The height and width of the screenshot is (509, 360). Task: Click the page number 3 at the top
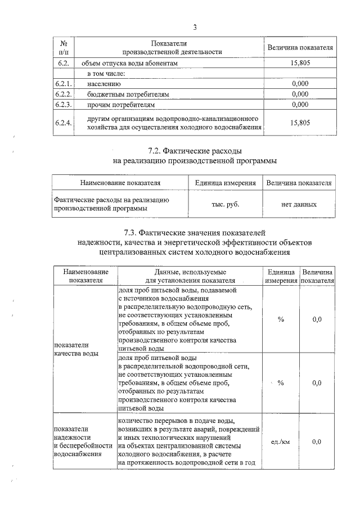[x=195, y=26]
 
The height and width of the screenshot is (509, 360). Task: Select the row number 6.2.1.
[x=64, y=84]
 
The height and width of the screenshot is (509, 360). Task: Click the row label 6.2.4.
[x=64, y=124]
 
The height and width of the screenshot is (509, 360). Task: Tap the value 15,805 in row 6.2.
[x=300, y=64]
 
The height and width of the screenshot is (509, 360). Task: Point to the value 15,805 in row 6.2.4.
[x=300, y=124]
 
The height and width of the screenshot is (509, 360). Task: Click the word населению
[x=105, y=84]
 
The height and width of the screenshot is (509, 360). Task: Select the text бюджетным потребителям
[x=128, y=94]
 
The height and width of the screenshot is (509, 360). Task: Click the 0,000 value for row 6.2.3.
[x=300, y=104]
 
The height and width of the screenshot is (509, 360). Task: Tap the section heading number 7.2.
[x=155, y=152]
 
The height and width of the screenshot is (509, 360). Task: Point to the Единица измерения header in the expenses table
[x=225, y=183]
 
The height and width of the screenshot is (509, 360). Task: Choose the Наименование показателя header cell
[x=120, y=183]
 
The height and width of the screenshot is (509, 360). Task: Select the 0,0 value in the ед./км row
[x=317, y=442]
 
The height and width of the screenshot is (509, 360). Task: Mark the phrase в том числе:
[x=105, y=74]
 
